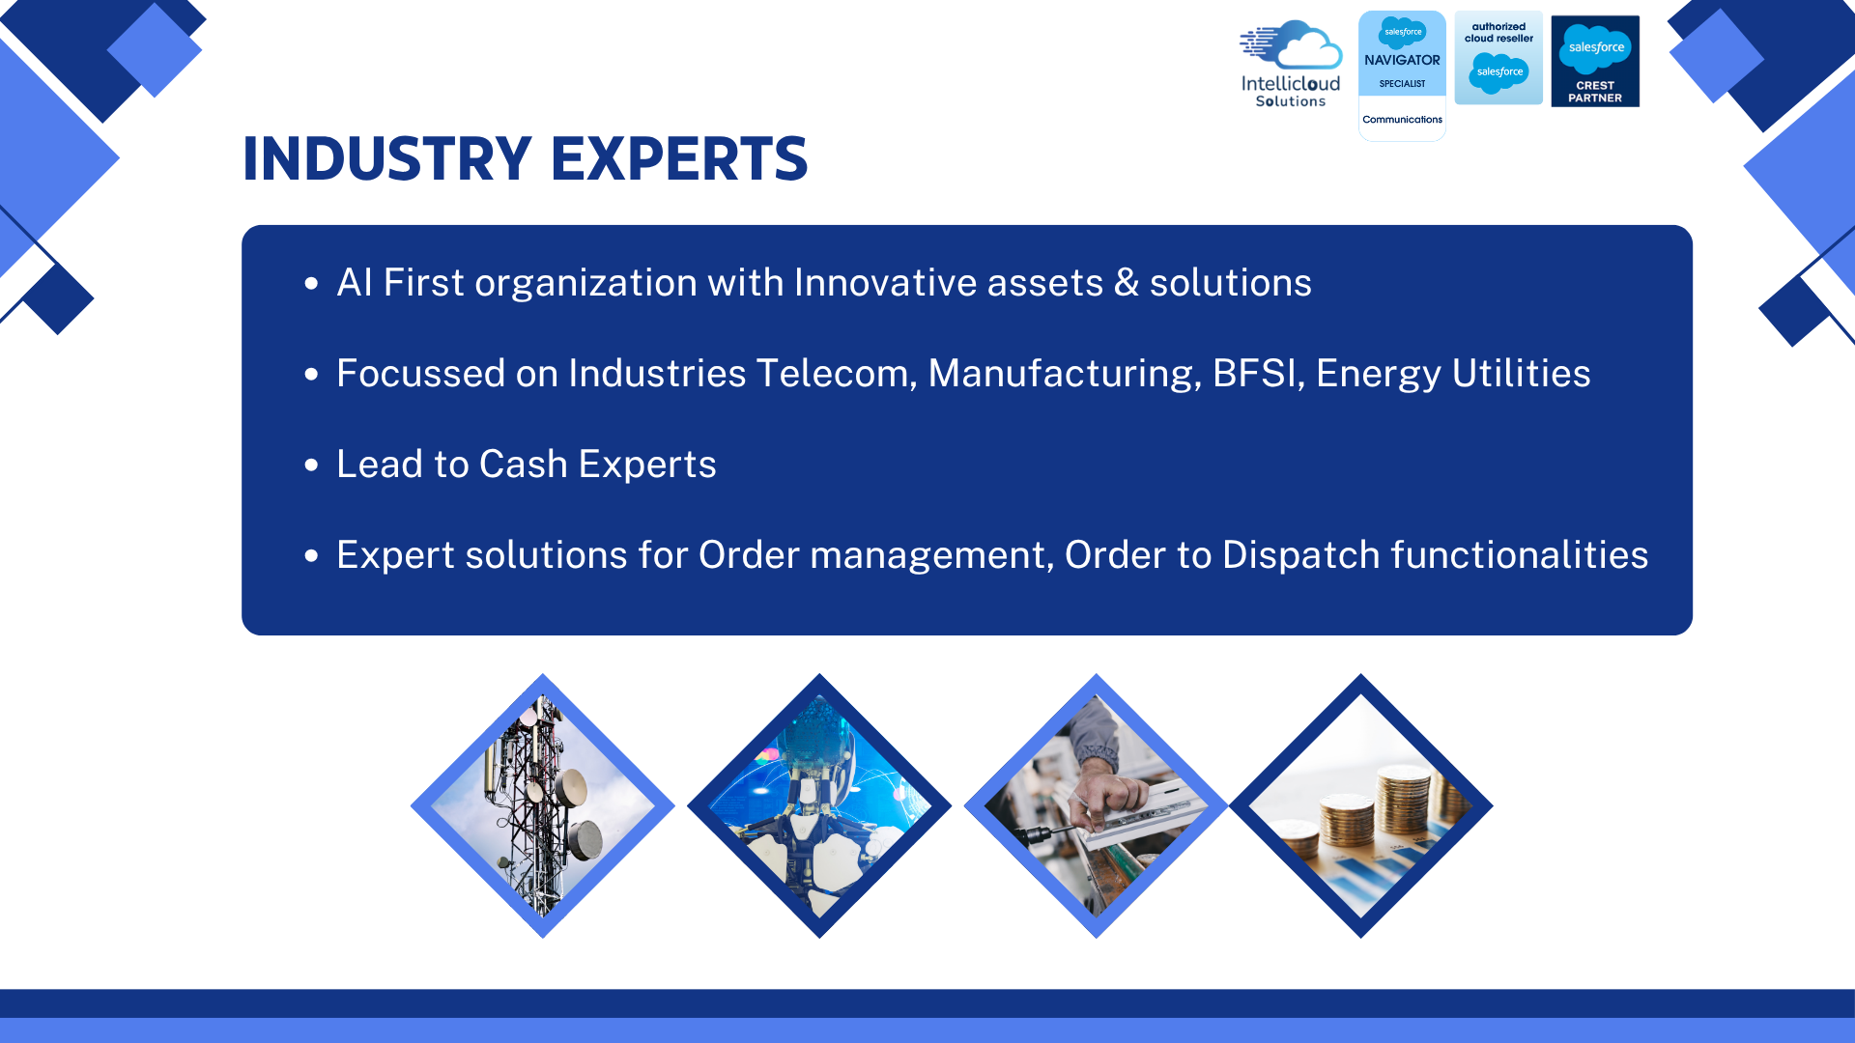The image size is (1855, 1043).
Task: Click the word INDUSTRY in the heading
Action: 386,158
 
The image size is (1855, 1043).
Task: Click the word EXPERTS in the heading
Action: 679,158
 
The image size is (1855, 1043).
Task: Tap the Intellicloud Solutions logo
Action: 1291,63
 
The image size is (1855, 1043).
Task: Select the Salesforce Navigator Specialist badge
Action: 1402,75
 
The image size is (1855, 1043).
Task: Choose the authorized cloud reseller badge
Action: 1498,58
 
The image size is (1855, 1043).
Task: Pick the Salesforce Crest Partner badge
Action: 1595,61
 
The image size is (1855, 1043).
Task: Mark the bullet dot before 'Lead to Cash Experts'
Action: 311,465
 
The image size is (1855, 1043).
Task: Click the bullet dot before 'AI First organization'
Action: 311,283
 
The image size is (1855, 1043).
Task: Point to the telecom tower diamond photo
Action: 542,805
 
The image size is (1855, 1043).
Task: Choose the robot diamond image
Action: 819,805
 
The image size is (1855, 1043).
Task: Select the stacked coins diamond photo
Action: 1360,805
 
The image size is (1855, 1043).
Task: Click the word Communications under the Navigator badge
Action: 1402,120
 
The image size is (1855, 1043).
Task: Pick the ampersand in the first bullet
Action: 1127,283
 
